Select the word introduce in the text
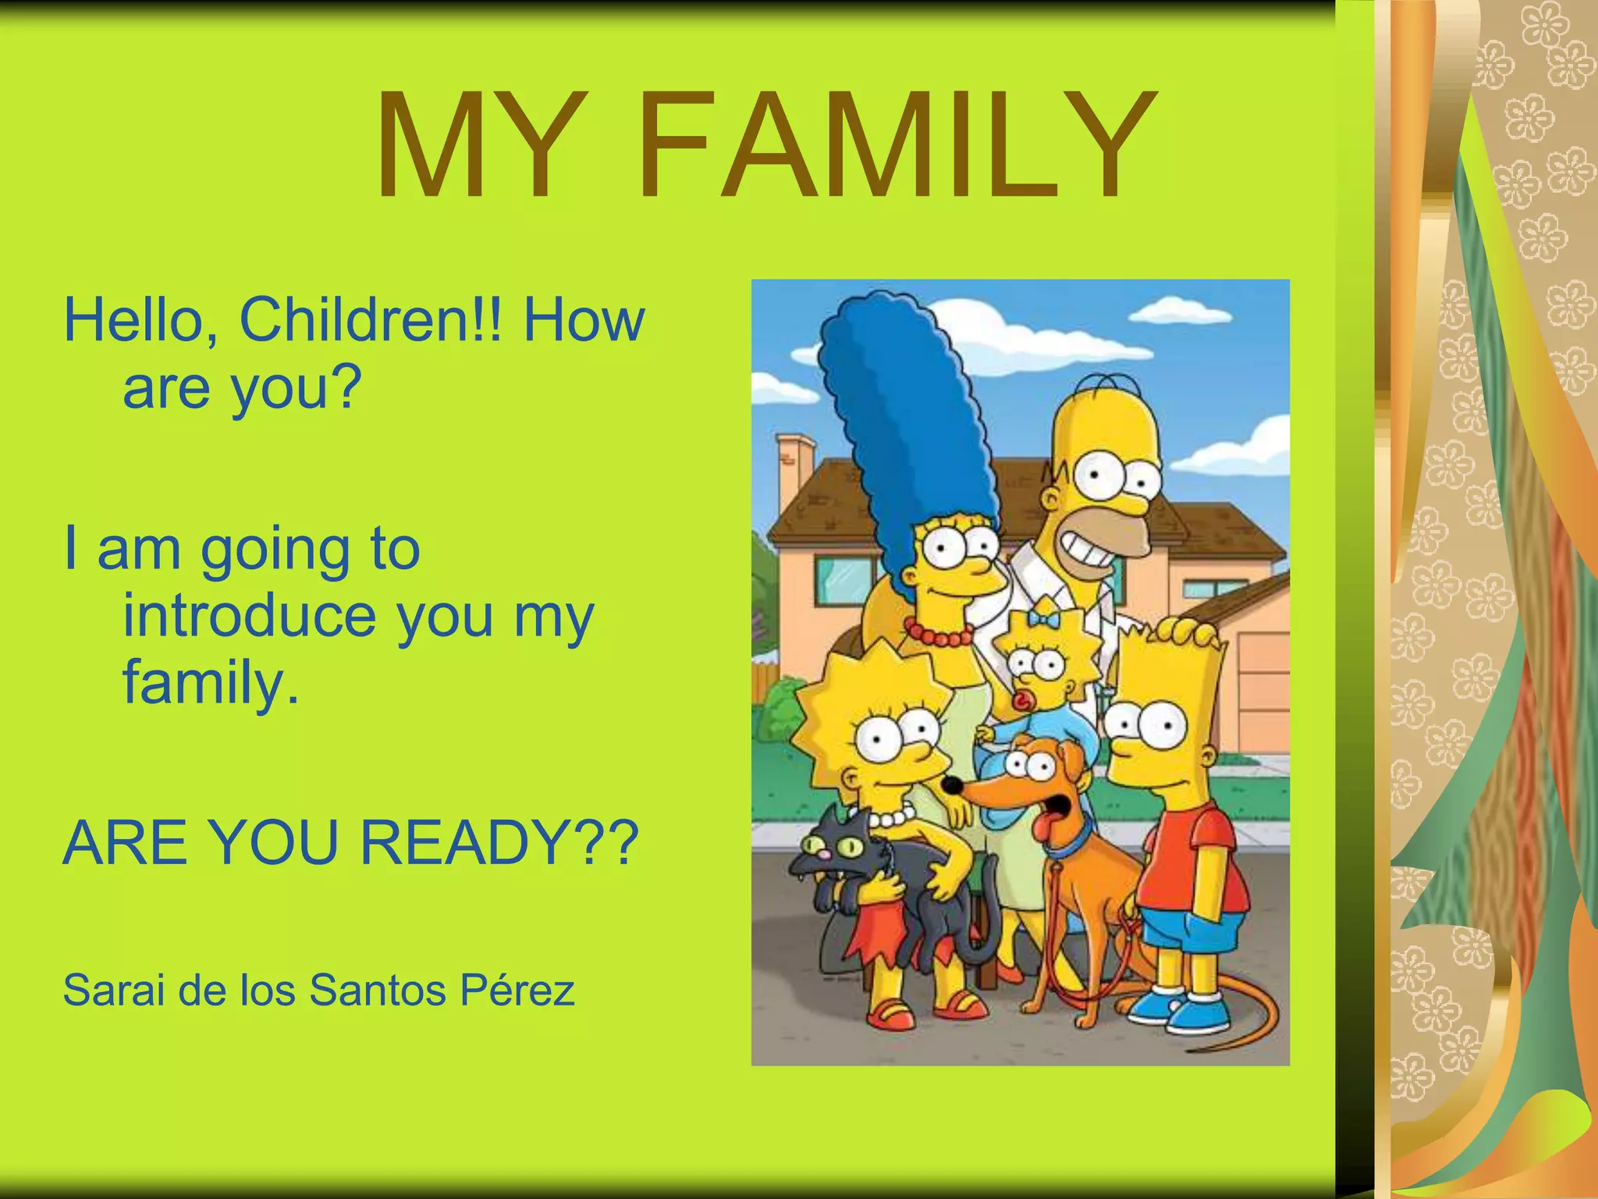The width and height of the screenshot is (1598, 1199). [250, 616]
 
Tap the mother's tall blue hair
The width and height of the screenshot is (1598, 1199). [897, 406]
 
